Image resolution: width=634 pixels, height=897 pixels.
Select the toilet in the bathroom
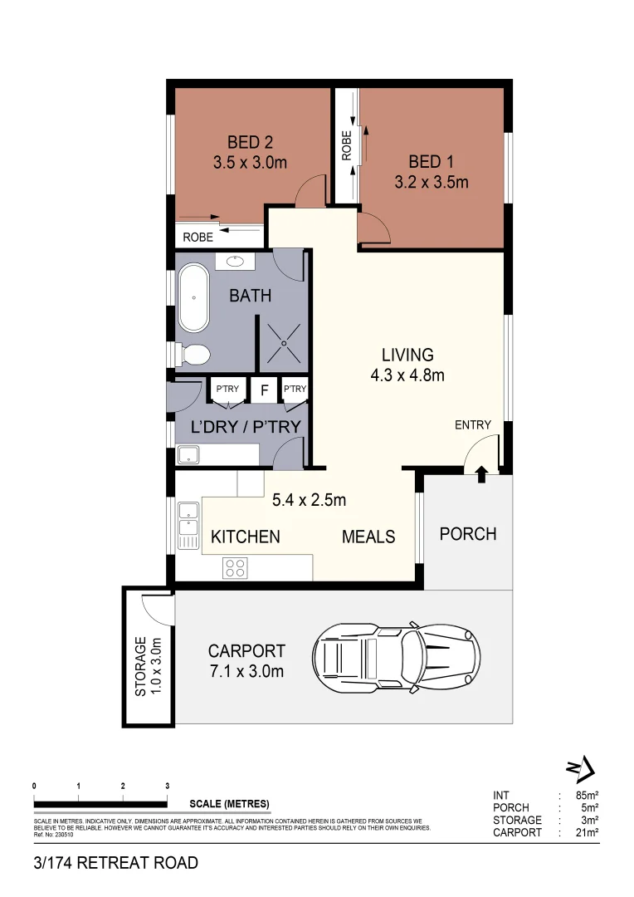pos(193,355)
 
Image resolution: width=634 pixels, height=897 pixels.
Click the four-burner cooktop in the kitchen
pos(235,568)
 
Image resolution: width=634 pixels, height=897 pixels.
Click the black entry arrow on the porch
pos(480,473)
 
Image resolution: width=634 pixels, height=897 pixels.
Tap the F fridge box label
pos(264,390)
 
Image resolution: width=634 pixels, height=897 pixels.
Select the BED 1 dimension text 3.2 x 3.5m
pos(432,182)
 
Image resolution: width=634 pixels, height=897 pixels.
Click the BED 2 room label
pos(250,143)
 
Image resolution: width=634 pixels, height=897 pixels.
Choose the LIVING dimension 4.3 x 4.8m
pos(407,375)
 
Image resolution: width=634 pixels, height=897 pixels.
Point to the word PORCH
pos(468,534)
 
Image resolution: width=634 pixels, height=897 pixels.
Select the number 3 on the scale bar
pos(168,786)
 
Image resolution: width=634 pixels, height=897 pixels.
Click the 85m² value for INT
pos(588,795)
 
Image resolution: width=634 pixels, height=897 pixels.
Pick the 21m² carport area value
pos(588,832)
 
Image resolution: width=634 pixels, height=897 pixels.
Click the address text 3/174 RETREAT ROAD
pos(116,863)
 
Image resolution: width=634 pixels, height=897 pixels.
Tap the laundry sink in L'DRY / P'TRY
pos(188,454)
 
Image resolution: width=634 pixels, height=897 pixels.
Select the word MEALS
pos(368,537)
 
